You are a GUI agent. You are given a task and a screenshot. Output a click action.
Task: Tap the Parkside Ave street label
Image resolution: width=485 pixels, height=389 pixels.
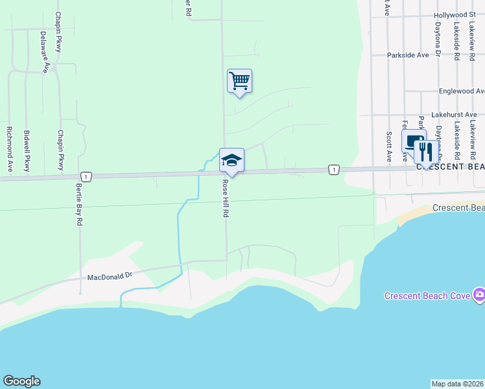[408, 55]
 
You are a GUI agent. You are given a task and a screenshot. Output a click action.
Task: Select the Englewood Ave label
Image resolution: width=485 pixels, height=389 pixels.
[461, 91]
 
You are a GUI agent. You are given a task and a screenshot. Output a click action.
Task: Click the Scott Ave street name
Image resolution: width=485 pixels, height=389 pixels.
[388, 147]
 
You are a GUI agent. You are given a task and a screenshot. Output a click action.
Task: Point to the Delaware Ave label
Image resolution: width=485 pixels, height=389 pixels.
[44, 52]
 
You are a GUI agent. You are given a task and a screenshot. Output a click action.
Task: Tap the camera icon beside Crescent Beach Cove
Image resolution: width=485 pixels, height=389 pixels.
[479, 296]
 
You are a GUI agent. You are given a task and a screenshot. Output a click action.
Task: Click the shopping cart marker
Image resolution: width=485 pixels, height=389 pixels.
[239, 81]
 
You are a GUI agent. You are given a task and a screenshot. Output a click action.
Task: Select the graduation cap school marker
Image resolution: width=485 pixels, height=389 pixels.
[231, 160]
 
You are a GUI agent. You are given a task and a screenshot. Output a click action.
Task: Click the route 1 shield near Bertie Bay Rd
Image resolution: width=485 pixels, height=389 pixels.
[85, 176]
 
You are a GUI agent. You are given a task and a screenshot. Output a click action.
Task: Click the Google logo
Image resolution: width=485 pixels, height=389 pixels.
[21, 381]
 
